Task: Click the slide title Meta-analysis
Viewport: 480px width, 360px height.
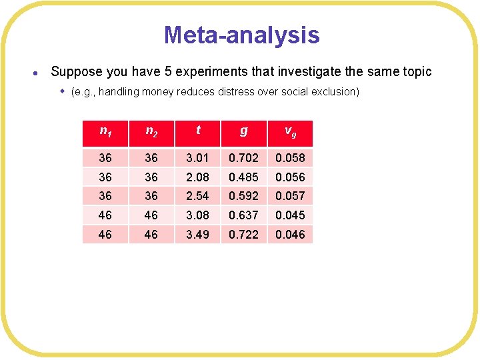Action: pos(241,35)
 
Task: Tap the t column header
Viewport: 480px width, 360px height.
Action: pos(197,131)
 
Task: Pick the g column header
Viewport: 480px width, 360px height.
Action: pos(243,131)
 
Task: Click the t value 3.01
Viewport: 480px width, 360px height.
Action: pos(197,158)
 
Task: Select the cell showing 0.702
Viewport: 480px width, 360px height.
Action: pos(243,158)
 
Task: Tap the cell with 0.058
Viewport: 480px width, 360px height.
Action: pos(290,158)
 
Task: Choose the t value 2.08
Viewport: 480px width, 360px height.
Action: pos(197,177)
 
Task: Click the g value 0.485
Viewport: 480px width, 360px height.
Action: pos(243,177)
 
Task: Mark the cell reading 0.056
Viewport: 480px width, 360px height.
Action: pos(290,177)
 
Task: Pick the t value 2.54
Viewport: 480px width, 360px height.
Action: pos(197,196)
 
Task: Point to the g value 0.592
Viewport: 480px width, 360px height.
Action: pos(243,196)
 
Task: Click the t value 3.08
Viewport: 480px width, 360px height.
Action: pos(197,215)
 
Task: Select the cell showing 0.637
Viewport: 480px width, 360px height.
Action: pos(243,215)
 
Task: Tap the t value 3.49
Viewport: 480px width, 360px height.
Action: pos(197,235)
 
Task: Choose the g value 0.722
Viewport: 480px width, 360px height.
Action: pos(243,235)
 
